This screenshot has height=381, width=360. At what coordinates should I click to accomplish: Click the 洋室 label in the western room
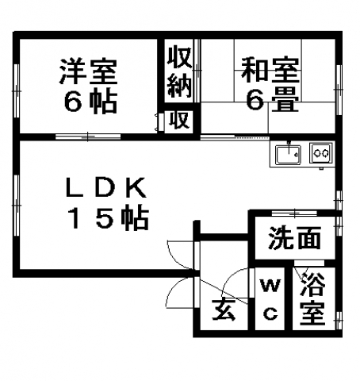pyautogui.click(x=88, y=71)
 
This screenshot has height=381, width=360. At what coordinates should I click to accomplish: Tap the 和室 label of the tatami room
pyautogui.click(x=270, y=69)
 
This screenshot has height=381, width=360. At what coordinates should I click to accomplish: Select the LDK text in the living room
pyautogui.click(x=105, y=187)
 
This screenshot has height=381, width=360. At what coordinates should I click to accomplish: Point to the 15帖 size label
pyautogui.click(x=109, y=218)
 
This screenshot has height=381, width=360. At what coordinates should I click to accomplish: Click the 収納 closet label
pyautogui.click(x=179, y=71)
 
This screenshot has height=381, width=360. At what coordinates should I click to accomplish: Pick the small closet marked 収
pyautogui.click(x=179, y=121)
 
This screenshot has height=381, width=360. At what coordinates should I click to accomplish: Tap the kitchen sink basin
pyautogui.click(x=288, y=154)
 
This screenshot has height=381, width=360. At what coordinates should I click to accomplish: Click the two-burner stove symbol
pyautogui.click(x=321, y=153)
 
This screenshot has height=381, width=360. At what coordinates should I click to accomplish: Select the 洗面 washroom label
pyautogui.click(x=294, y=237)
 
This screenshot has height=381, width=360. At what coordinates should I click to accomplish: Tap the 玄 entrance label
pyautogui.click(x=224, y=309)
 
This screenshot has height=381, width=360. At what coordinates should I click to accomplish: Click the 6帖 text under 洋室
pyautogui.click(x=90, y=102)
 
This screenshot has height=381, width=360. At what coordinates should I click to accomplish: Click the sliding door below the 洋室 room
pyautogui.click(x=88, y=137)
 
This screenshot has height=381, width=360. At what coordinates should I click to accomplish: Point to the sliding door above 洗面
pyautogui.click(x=294, y=213)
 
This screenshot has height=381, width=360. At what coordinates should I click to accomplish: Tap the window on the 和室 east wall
pyautogui.click(x=339, y=90)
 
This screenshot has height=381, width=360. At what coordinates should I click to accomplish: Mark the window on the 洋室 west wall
pyautogui.click(x=17, y=90)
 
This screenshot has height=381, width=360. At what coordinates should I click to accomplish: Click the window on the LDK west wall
pyautogui.click(x=17, y=205)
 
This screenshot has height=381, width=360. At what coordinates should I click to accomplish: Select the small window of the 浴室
pyautogui.click(x=339, y=320)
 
